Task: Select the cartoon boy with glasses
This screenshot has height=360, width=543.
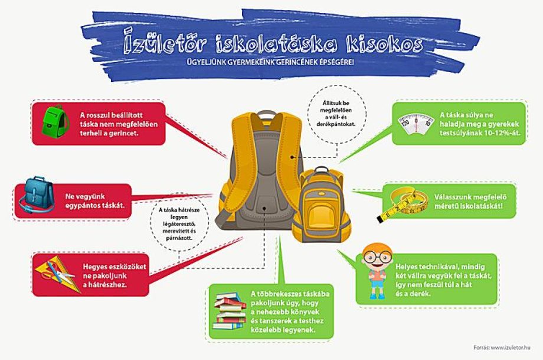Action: [377, 271]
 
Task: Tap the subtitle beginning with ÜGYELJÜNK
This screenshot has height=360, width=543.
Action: [270, 63]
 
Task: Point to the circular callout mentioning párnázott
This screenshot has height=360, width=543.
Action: [179, 221]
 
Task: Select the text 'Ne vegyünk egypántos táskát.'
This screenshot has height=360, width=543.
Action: [94, 201]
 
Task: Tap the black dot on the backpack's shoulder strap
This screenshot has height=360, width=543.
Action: [292, 157]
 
